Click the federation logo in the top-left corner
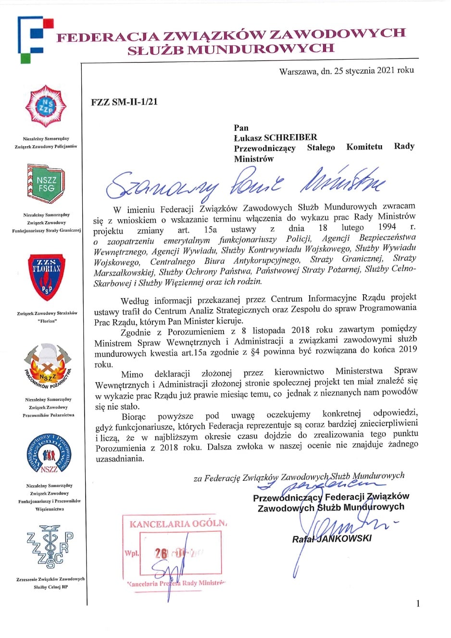35,39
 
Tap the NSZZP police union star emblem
46,106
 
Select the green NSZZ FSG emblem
47,183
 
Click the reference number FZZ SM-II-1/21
124,102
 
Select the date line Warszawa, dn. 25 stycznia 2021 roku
346,70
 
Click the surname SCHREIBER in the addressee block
290,138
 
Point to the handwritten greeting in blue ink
245,183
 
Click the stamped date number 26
161,553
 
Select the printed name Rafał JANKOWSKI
332,538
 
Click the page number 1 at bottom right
418,603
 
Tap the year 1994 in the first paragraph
387,227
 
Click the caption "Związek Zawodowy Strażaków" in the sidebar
47,313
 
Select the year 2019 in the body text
408,350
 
